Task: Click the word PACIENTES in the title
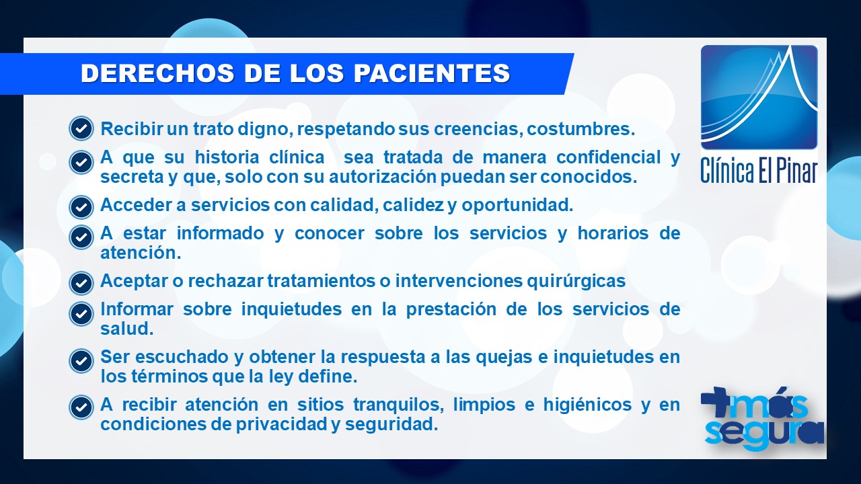[x=432, y=73]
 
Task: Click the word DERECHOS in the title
[x=157, y=73]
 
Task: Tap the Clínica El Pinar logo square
[x=759, y=97]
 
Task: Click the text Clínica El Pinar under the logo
[x=759, y=170]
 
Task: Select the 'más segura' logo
[x=762, y=419]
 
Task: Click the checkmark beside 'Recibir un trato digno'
[x=81, y=128]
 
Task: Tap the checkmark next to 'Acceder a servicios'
[x=81, y=207]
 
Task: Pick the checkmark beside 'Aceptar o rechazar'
[x=81, y=283]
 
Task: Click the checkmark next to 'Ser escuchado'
[x=81, y=361]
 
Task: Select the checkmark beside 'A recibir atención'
[x=81, y=407]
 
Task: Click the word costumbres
[x=581, y=128]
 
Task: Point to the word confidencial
[x=609, y=157]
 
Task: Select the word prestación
[x=451, y=309]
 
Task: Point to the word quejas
[x=504, y=358]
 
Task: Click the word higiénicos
[x=587, y=405]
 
